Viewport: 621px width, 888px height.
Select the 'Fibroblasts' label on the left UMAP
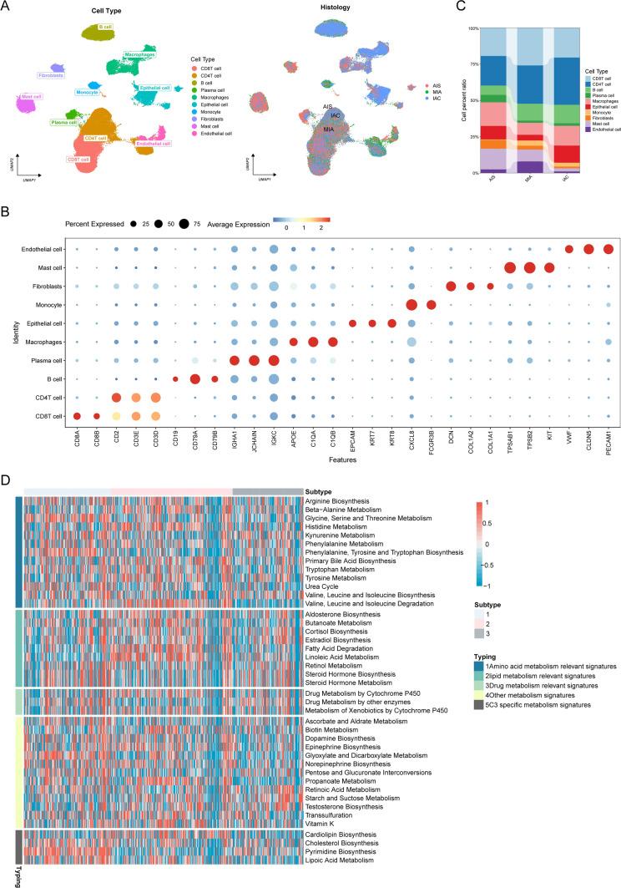click(x=52, y=75)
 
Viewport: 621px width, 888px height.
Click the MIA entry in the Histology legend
click(x=425, y=90)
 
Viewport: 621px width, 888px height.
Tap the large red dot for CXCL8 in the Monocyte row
click(x=411, y=305)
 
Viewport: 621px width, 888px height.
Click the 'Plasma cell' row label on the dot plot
click(x=46, y=361)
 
